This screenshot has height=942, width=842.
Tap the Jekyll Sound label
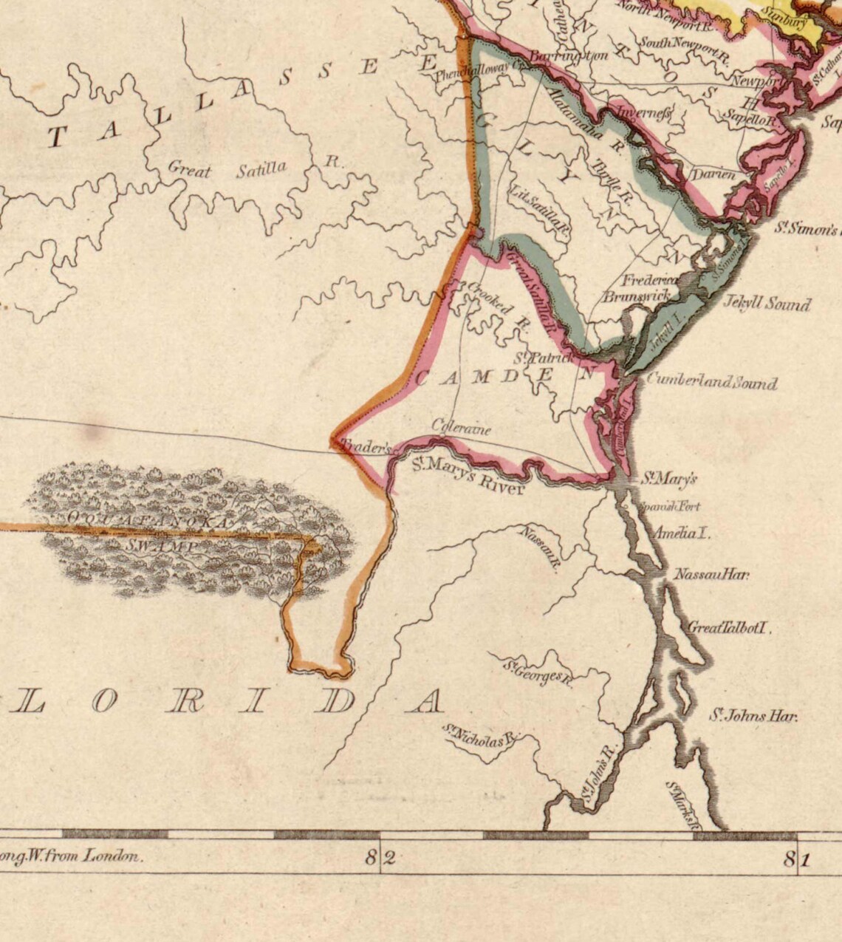(x=767, y=304)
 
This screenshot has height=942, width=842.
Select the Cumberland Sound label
(x=711, y=382)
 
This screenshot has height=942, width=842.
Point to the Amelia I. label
(x=682, y=533)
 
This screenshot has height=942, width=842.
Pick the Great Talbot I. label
(x=729, y=628)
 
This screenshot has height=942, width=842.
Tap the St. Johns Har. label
(x=753, y=715)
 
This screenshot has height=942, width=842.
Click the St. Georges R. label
(x=538, y=672)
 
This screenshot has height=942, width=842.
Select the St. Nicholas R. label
(x=481, y=736)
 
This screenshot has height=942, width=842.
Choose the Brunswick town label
(x=636, y=296)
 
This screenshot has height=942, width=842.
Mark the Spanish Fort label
(x=669, y=507)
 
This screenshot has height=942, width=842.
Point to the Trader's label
(x=363, y=447)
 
